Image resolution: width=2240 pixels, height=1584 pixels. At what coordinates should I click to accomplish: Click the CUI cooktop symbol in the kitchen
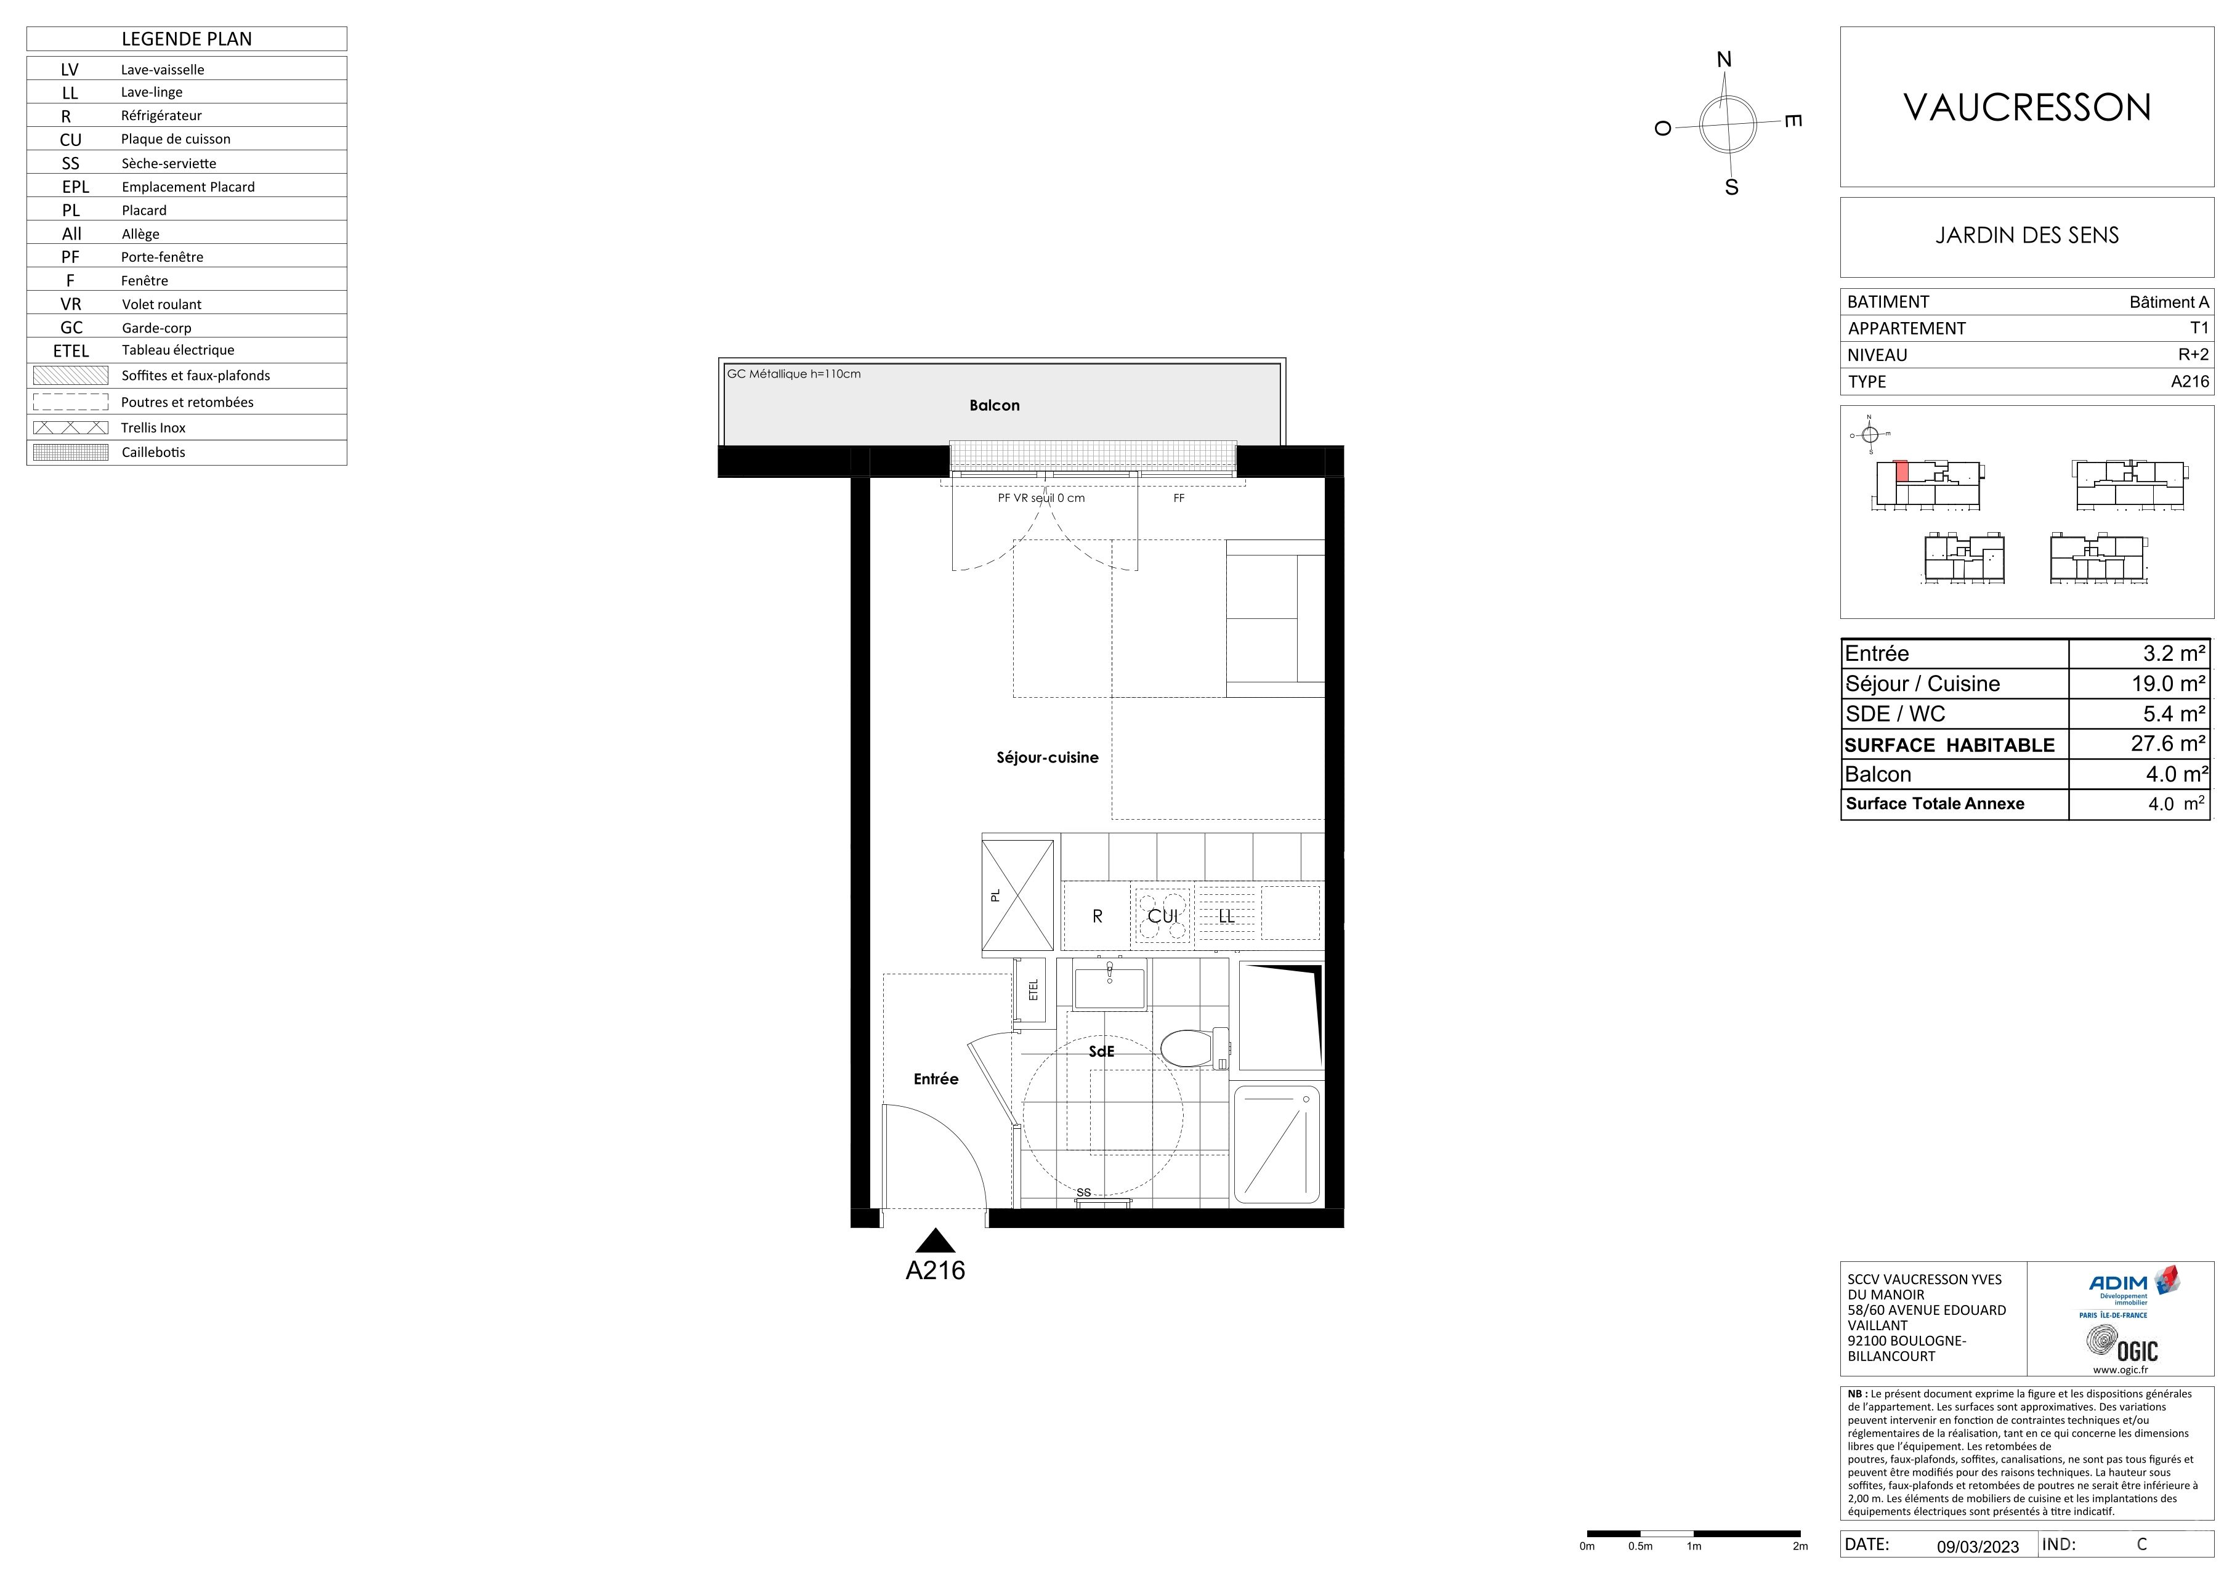(1162, 916)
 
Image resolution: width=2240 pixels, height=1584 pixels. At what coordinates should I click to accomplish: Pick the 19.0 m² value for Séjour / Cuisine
(2168, 684)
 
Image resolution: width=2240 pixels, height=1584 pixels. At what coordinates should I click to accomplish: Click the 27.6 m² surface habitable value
(2168, 743)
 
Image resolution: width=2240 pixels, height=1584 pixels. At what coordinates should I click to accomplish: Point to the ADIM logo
(2133, 1290)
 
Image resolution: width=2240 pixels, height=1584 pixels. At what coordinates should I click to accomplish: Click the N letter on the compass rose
(1724, 60)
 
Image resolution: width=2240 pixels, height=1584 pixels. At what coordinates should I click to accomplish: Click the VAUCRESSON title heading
(2028, 107)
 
